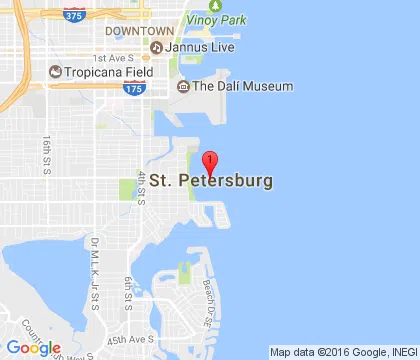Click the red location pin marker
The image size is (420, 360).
[210, 163]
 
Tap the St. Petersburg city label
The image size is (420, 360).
[210, 184]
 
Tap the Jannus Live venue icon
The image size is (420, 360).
[156, 48]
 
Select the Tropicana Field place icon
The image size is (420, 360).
[54, 72]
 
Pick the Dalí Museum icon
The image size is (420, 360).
[182, 87]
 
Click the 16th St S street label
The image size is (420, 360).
[48, 152]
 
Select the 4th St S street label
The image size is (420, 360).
[142, 186]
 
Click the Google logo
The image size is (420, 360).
[33, 347]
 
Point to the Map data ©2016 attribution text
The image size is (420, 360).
[342, 352]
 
